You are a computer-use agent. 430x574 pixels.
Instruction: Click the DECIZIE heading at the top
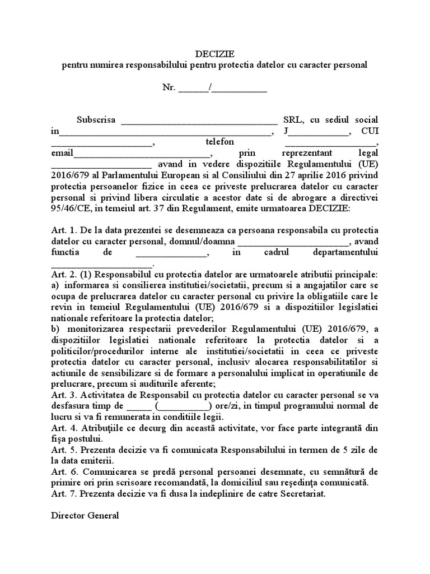(x=214, y=54)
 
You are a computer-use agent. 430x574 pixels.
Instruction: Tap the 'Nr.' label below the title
(x=169, y=87)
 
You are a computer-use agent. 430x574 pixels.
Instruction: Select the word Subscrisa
(x=96, y=120)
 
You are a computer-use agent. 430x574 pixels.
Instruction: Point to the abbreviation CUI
(x=370, y=131)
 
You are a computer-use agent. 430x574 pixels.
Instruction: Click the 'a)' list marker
(x=55, y=285)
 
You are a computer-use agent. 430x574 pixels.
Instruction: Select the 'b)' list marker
(x=55, y=329)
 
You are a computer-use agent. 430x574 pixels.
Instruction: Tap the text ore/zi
(x=230, y=406)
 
